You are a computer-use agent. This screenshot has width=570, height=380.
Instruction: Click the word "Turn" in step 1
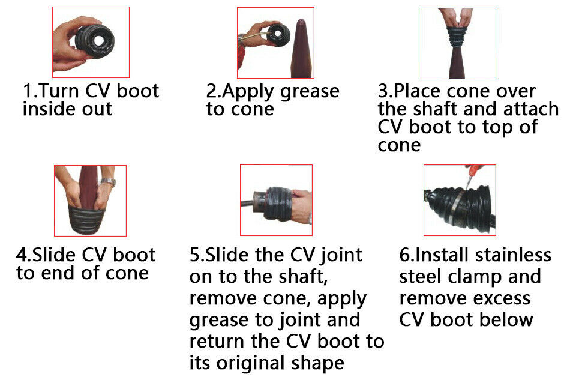(63, 92)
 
